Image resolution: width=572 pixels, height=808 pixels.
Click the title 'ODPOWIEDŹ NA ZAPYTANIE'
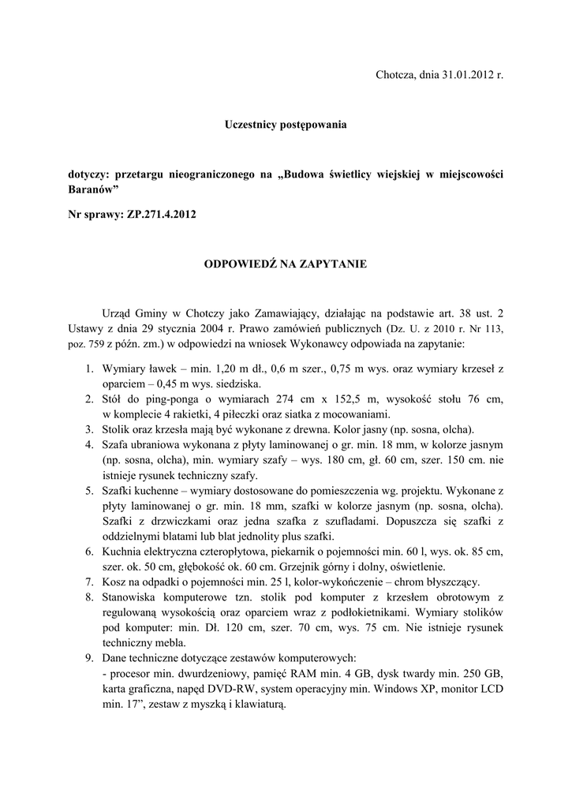(x=285, y=264)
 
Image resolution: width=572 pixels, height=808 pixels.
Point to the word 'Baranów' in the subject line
(x=92, y=190)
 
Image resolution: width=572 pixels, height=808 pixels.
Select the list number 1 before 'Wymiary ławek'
(x=90, y=368)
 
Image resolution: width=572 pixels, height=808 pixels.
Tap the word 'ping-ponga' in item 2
(x=178, y=399)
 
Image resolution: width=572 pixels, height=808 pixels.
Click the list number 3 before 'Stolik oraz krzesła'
(x=90, y=430)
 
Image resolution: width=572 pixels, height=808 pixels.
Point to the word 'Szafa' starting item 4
(x=117, y=445)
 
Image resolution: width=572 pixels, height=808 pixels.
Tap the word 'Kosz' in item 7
(x=114, y=582)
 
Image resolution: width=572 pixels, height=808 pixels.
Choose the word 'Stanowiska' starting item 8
(x=130, y=597)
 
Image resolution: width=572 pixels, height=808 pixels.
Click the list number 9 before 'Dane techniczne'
(x=90, y=657)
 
